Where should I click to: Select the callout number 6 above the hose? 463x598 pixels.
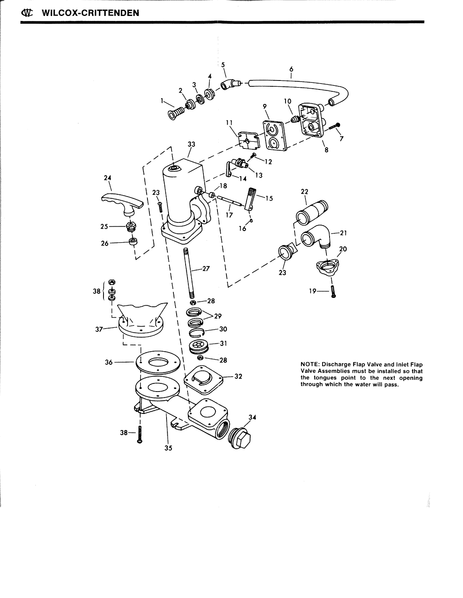(x=291, y=70)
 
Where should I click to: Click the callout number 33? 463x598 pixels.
(x=191, y=144)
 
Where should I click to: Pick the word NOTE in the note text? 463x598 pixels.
(x=309, y=365)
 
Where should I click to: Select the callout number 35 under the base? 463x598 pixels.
(x=168, y=448)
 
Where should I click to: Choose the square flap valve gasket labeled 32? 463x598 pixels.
(x=203, y=376)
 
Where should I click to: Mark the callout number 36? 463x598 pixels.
(x=109, y=362)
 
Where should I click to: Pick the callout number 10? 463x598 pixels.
(x=287, y=101)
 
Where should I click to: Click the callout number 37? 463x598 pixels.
(x=99, y=329)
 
